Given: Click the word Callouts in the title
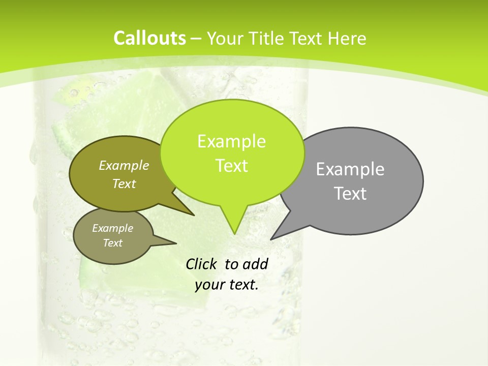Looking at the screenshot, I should click(149, 38).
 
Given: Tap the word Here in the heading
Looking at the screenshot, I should click(347, 38).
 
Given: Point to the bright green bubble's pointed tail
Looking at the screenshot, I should click(234, 224).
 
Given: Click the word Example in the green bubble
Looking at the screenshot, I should click(232, 141).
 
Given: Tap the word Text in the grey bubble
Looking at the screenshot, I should click(350, 193).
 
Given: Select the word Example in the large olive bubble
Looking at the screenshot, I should click(124, 165).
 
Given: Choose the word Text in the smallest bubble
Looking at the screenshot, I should click(113, 243).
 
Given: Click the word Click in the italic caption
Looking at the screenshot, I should click(201, 264).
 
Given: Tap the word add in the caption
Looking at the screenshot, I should click(255, 264).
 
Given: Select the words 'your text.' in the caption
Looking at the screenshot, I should click(227, 285).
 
